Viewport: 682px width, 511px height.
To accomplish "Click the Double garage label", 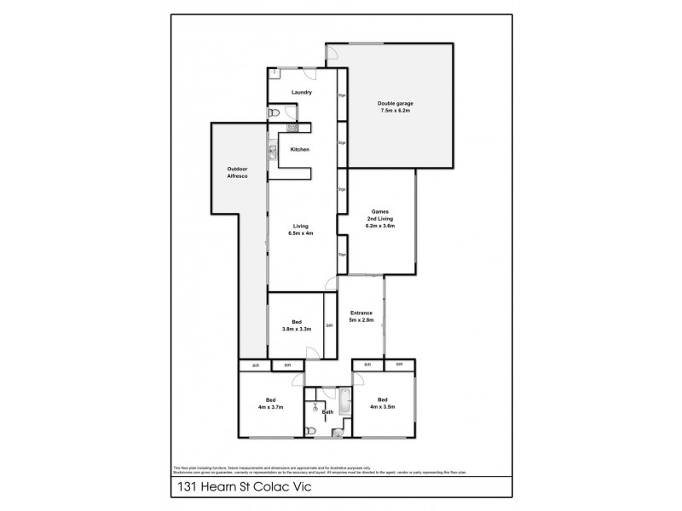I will click(x=395, y=103).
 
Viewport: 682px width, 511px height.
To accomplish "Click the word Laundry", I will click(x=301, y=92).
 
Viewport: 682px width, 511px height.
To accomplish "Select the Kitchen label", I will click(x=299, y=150).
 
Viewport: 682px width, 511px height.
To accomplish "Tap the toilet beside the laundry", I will click(x=274, y=112).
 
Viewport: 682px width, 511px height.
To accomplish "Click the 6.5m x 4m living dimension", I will click(x=299, y=233).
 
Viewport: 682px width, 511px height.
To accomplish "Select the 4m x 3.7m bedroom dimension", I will click(x=270, y=405).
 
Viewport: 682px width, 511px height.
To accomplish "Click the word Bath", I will click(x=327, y=412).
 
